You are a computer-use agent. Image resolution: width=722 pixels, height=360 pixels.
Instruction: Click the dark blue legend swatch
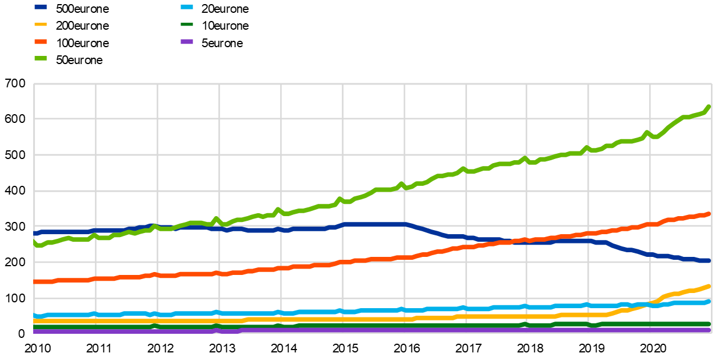41,7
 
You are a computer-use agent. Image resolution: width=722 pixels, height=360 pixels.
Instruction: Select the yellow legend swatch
41,24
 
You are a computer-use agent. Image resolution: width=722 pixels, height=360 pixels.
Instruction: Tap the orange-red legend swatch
41,42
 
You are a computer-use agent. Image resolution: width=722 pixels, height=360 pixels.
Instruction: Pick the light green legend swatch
41,58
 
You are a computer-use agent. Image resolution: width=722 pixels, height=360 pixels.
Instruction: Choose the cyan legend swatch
187,7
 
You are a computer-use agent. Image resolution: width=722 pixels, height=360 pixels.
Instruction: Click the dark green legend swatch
187,24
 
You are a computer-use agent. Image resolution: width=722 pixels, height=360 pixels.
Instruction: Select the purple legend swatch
187,42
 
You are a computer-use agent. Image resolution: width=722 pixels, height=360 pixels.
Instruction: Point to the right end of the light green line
709,107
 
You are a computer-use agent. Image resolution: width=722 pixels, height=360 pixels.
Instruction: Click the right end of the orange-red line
709,214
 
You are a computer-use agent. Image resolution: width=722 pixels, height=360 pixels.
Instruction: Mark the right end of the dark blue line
709,260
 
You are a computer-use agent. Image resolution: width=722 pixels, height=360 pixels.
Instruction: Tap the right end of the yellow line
709,286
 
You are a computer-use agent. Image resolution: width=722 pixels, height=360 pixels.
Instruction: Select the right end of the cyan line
709,301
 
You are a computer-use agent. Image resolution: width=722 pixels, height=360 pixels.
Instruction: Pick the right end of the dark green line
709,324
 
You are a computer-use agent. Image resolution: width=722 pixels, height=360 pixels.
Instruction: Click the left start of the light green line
34,241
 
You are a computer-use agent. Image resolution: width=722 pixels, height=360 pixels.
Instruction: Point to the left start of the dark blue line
34,234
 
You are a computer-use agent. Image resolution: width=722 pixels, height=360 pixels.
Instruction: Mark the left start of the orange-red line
34,282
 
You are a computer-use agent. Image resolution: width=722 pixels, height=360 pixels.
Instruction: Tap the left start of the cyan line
34,316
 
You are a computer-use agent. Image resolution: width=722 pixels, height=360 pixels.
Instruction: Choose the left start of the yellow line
34,321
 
